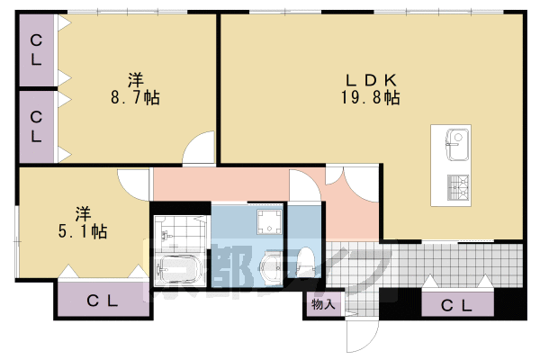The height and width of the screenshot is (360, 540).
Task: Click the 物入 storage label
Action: tap(322, 305)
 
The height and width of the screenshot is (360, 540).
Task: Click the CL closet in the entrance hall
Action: tap(457, 304)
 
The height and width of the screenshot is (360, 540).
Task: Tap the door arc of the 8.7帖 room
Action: tap(197, 148)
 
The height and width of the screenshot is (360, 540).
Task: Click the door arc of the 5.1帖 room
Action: tap(135, 185)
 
